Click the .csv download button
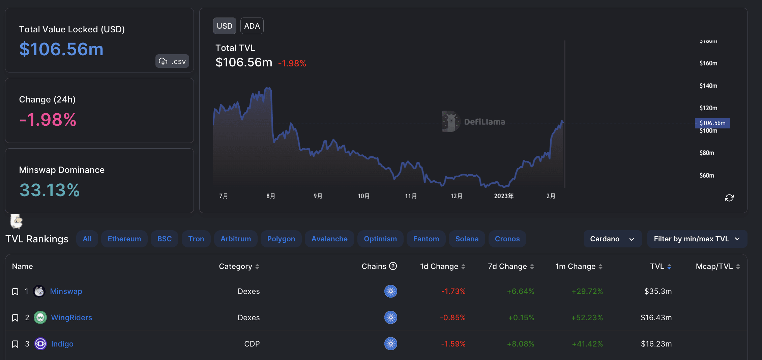click(x=172, y=61)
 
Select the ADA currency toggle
click(x=252, y=26)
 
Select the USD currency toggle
click(x=225, y=26)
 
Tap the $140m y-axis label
click(x=708, y=86)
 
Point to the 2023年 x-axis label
click(x=504, y=196)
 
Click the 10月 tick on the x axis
click(x=363, y=196)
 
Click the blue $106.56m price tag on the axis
click(x=712, y=123)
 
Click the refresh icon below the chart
click(x=729, y=198)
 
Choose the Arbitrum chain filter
click(x=236, y=239)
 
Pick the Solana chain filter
click(x=467, y=239)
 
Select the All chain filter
click(x=87, y=239)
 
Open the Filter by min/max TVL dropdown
click(x=697, y=239)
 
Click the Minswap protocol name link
click(x=66, y=291)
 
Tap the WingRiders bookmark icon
click(x=15, y=318)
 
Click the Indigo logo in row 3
click(x=40, y=344)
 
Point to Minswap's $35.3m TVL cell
click(x=658, y=291)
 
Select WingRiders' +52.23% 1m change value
click(x=587, y=318)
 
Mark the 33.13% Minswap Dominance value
click(x=50, y=190)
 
